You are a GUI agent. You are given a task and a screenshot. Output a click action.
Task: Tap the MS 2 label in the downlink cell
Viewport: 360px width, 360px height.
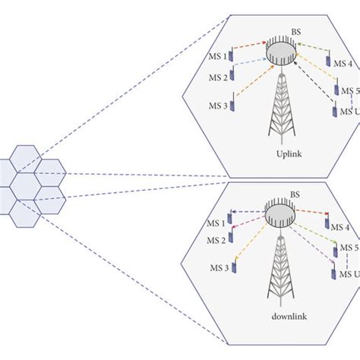(x=216, y=240)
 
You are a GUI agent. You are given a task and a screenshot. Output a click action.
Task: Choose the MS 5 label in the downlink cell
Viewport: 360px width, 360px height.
(x=350, y=248)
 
